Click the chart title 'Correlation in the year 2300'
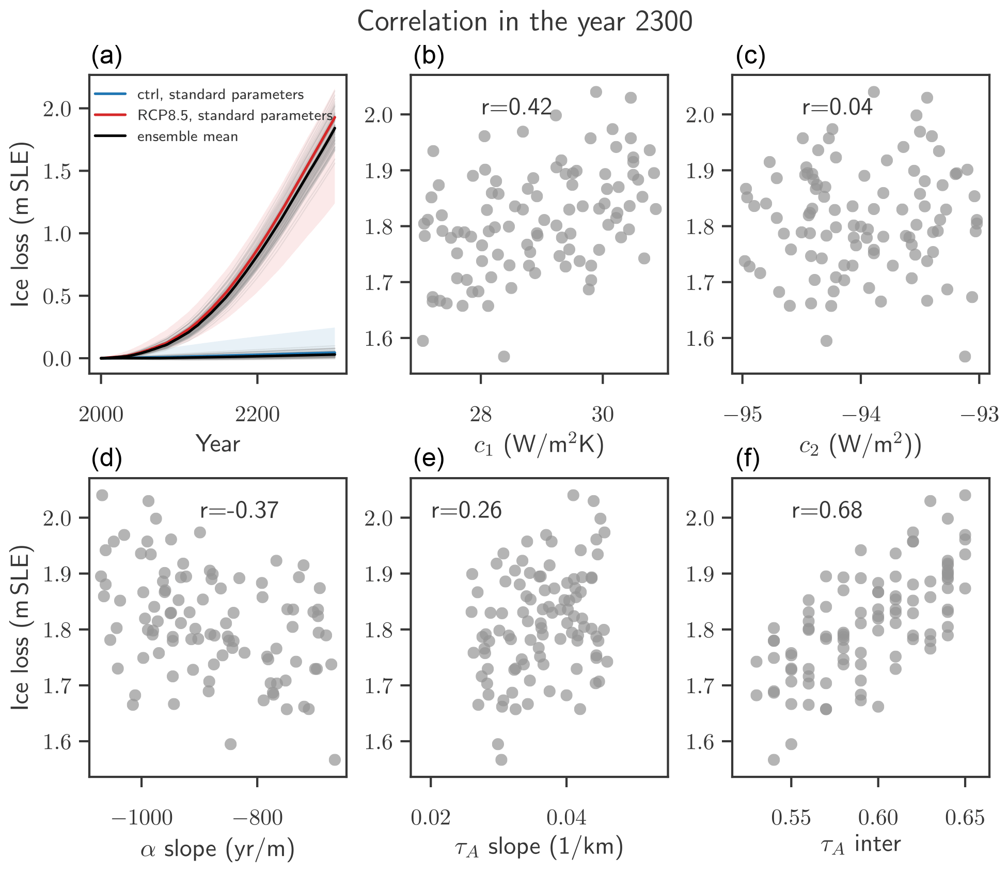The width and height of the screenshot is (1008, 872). point(524,22)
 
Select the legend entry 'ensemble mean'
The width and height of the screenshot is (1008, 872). point(187,136)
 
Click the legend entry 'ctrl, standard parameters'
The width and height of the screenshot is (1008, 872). point(220,95)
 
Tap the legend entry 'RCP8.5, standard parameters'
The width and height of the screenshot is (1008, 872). point(234,115)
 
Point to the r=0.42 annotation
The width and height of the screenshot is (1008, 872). point(516,107)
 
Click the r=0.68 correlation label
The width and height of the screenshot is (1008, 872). point(827,511)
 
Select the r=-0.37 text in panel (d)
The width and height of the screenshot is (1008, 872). point(239,511)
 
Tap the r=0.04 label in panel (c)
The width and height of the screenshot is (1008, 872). point(837,107)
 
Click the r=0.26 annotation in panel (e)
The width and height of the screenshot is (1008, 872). point(466,511)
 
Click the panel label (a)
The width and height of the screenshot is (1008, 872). point(106,56)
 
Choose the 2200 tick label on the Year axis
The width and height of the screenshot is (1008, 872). point(257,415)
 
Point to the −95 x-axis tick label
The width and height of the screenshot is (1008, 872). point(743,415)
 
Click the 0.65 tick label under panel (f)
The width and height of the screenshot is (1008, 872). point(965,818)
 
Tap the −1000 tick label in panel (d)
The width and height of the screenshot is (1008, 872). point(142,818)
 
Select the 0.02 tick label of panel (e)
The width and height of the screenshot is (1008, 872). point(431,818)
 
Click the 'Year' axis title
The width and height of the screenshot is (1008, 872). point(218,444)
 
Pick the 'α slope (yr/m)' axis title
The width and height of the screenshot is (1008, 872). point(217,849)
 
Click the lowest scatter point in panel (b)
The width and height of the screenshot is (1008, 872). point(503,357)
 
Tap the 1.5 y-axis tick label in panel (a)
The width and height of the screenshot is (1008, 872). point(57,172)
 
